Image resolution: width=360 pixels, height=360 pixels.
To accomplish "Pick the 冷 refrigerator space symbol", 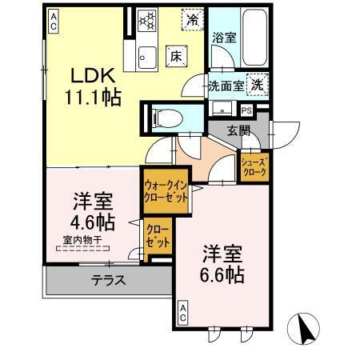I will point(192,18).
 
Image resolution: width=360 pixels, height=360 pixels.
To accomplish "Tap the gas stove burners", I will point(149,20).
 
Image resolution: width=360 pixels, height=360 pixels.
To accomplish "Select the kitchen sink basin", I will point(147,56).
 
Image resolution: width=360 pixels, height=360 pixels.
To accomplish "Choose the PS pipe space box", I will point(246,110).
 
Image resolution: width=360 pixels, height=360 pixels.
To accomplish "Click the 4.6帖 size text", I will point(94,221).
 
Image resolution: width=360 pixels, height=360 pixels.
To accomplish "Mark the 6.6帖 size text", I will point(222,274).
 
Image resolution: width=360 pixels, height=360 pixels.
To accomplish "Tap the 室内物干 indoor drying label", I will point(84,239).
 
